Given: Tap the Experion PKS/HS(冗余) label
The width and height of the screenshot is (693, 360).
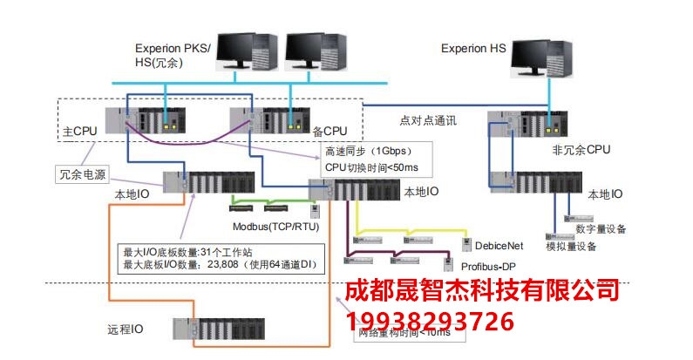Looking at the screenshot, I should tap(173, 54).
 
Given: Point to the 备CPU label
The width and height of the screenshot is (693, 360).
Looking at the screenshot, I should tap(330, 132).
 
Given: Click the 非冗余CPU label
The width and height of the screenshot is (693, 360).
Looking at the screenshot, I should tap(581, 150).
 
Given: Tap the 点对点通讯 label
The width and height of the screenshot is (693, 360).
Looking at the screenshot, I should tap(428, 119).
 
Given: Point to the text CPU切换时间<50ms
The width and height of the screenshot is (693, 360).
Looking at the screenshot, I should tap(370, 166).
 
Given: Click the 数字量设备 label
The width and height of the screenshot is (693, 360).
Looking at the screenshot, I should tap(601, 228).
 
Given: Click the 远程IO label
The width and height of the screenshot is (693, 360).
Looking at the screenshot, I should tap(126, 329).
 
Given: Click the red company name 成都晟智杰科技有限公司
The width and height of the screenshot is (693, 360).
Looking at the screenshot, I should tap(482, 290).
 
